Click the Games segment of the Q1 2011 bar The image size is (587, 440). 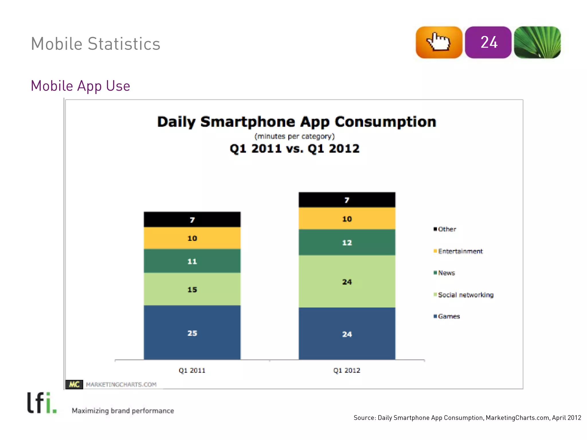tap(192, 332)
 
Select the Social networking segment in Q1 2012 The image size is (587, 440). tap(347, 281)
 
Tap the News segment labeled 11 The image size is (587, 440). tap(192, 261)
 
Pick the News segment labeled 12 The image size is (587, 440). tap(347, 242)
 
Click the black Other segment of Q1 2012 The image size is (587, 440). tap(347, 200)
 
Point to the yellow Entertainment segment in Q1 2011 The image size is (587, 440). tap(192, 238)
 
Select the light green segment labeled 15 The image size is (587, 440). tap(192, 289)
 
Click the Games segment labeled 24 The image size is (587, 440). tap(347, 333)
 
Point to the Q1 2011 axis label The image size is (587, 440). tap(192, 370)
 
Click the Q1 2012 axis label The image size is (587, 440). tap(347, 370)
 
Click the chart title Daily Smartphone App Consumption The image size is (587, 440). tap(297, 122)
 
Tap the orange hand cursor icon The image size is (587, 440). tap(439, 42)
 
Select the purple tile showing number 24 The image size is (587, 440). tap(488, 42)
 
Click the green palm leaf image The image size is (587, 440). tap(537, 42)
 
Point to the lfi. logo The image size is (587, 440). tap(42, 403)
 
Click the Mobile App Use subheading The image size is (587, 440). tap(81, 86)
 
